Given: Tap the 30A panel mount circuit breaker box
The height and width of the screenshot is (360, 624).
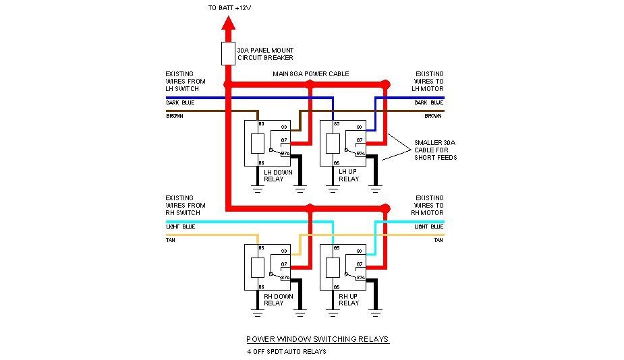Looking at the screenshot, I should [x=228, y=54].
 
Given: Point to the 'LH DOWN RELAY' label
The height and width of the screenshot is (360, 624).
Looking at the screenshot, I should [x=274, y=175].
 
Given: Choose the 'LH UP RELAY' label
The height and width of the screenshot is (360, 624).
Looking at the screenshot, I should [x=349, y=175].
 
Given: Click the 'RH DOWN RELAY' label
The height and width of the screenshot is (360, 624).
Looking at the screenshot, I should [x=274, y=299].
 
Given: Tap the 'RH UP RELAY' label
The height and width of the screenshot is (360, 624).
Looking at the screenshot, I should [x=349, y=299].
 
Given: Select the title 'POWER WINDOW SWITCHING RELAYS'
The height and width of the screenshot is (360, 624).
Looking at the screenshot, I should [x=317, y=339].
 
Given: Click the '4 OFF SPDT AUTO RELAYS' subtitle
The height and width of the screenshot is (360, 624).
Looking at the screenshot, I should [x=287, y=352].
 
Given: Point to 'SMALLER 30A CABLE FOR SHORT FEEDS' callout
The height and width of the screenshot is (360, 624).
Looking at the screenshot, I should [x=435, y=149].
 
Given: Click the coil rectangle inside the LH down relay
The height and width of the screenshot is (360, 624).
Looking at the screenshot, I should [x=257, y=144].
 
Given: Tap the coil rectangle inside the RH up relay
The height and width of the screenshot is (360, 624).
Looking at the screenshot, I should [x=332, y=268].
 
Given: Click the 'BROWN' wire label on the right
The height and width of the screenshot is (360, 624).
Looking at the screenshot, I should [x=432, y=116].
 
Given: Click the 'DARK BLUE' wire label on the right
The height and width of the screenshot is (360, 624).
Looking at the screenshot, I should [x=429, y=102].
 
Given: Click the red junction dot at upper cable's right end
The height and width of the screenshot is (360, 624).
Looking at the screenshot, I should [x=386, y=84].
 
